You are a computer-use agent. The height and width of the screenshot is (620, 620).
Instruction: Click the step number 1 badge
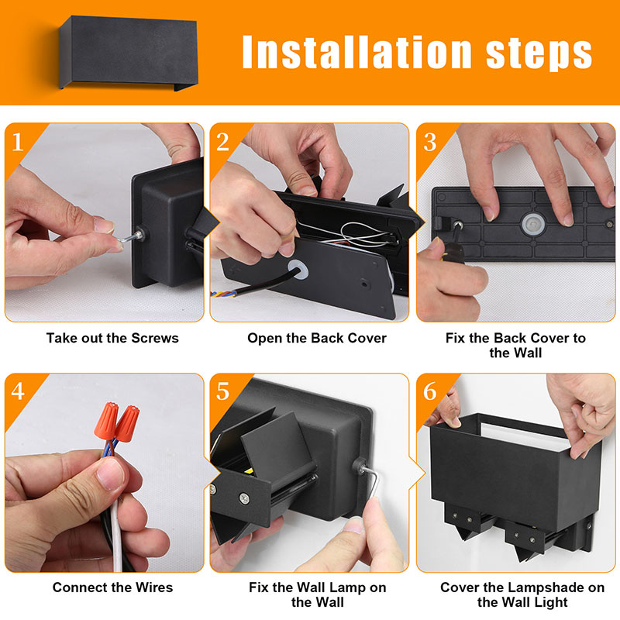point(18,143)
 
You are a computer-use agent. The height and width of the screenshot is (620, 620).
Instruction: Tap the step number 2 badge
point(222,143)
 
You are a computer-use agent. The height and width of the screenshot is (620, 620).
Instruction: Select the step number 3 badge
point(430,143)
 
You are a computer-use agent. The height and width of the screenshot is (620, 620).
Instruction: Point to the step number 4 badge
point(18,391)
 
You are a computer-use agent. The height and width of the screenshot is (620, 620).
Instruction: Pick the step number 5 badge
point(222,391)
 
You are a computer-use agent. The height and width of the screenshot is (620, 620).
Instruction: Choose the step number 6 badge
point(430,391)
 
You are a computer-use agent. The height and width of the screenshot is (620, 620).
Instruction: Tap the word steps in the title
point(539,53)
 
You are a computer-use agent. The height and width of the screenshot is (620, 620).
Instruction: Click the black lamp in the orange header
point(128,53)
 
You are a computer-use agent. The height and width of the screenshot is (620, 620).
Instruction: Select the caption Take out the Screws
point(112,338)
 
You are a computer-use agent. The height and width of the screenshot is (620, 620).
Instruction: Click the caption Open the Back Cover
point(317,338)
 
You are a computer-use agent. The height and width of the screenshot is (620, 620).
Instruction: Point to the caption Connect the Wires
point(112,587)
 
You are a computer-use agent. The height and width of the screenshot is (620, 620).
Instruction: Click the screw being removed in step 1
point(129,236)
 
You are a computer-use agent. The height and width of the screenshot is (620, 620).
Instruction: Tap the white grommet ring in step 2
point(298,269)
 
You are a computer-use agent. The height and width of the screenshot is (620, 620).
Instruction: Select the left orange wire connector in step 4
point(106,420)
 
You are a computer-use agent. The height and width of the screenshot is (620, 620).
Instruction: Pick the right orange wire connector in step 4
point(127,424)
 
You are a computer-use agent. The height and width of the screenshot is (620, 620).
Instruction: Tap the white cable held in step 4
point(115,535)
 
